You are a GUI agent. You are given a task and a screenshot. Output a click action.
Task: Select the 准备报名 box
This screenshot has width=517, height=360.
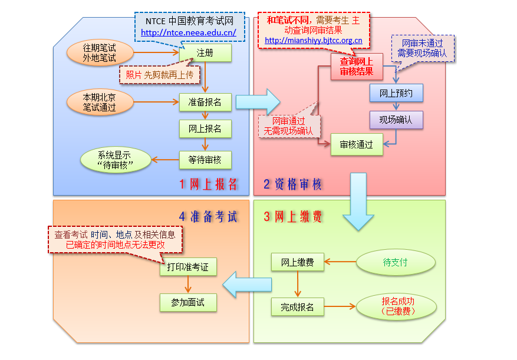point(205,102)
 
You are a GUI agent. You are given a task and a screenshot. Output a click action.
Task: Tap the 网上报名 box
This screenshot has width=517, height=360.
point(205,128)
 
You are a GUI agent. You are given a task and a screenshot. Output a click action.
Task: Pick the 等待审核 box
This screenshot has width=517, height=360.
point(205,160)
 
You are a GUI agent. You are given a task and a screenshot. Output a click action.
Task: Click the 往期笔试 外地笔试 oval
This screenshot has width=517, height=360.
point(100,52)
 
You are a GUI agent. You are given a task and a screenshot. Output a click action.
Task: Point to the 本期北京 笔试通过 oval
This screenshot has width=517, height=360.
point(100,102)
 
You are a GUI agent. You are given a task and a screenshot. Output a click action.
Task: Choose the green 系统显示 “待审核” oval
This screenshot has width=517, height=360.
point(115,160)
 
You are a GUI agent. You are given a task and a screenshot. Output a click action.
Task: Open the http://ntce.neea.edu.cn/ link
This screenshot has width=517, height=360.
point(189,33)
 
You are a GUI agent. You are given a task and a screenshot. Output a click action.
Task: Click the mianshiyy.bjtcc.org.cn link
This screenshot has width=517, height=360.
point(314,41)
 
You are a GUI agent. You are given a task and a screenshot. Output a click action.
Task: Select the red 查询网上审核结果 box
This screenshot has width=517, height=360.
point(357,66)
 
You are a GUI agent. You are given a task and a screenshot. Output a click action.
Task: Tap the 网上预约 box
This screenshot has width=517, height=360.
point(396,93)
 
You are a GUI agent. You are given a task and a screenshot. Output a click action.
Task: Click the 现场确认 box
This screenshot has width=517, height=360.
point(396,120)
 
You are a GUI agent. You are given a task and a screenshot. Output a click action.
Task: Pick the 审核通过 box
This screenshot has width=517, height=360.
point(357,145)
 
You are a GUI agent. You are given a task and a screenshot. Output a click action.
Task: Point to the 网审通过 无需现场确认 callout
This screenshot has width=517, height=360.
point(289,126)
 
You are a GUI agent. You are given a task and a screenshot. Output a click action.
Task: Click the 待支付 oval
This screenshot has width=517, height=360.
point(396,262)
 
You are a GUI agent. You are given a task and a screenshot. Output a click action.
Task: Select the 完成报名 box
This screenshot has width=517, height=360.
point(297,307)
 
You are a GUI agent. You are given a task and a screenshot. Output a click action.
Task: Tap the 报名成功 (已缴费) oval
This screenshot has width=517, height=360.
point(397,306)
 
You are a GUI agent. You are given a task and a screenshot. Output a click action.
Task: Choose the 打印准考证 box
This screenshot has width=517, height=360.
point(189,267)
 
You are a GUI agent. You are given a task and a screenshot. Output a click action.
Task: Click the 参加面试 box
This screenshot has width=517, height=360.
point(189,302)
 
